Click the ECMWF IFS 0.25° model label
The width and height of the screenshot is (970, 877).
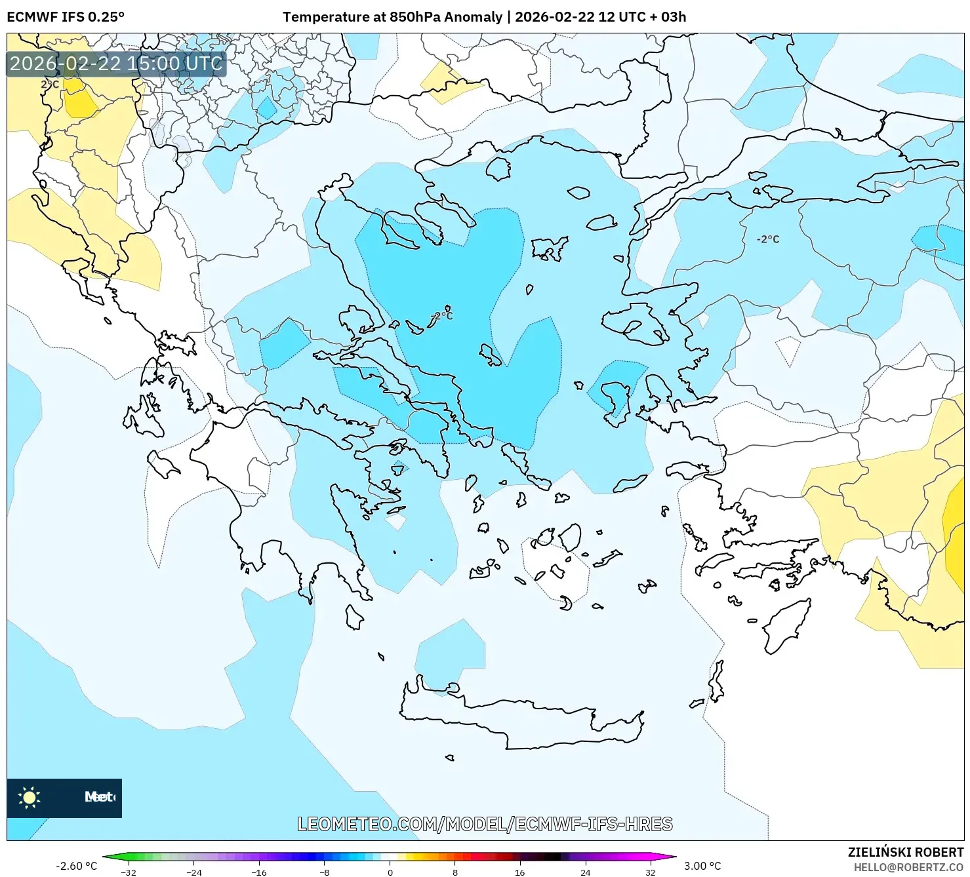pyautogui.click(x=66, y=17)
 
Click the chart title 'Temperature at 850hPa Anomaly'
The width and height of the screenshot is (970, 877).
pyautogui.click(x=392, y=17)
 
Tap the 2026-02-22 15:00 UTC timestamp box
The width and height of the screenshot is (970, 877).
pyautogui.click(x=116, y=64)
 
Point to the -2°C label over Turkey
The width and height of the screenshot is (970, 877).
pyautogui.click(x=767, y=239)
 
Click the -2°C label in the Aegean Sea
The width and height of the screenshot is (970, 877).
pyautogui.click(x=442, y=316)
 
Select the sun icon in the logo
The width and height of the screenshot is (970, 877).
pyautogui.click(x=30, y=797)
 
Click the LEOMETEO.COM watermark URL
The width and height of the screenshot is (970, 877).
pyautogui.click(x=485, y=824)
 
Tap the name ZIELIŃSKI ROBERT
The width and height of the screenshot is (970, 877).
pyautogui.click(x=905, y=852)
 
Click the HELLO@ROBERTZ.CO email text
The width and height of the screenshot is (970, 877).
pyautogui.click(x=908, y=867)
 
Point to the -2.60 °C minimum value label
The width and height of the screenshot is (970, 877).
pyautogui.click(x=76, y=866)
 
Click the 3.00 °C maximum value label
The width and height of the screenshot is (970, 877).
pyautogui.click(x=702, y=866)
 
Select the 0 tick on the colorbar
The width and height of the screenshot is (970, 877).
pyautogui.click(x=390, y=872)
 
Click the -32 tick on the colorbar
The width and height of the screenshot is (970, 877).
pyautogui.click(x=129, y=872)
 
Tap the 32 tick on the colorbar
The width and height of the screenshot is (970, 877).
pyautogui.click(x=650, y=872)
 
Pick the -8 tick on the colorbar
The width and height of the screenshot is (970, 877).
pyautogui.click(x=325, y=872)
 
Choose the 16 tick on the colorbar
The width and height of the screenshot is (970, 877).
pyautogui.click(x=519, y=872)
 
